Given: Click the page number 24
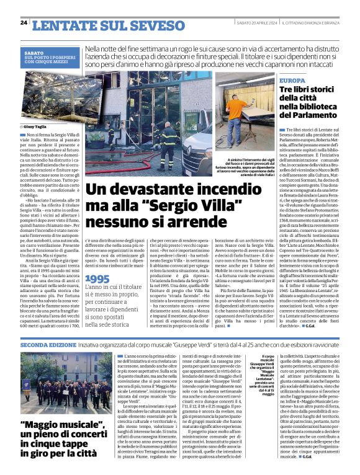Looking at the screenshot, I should coord(24,23).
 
